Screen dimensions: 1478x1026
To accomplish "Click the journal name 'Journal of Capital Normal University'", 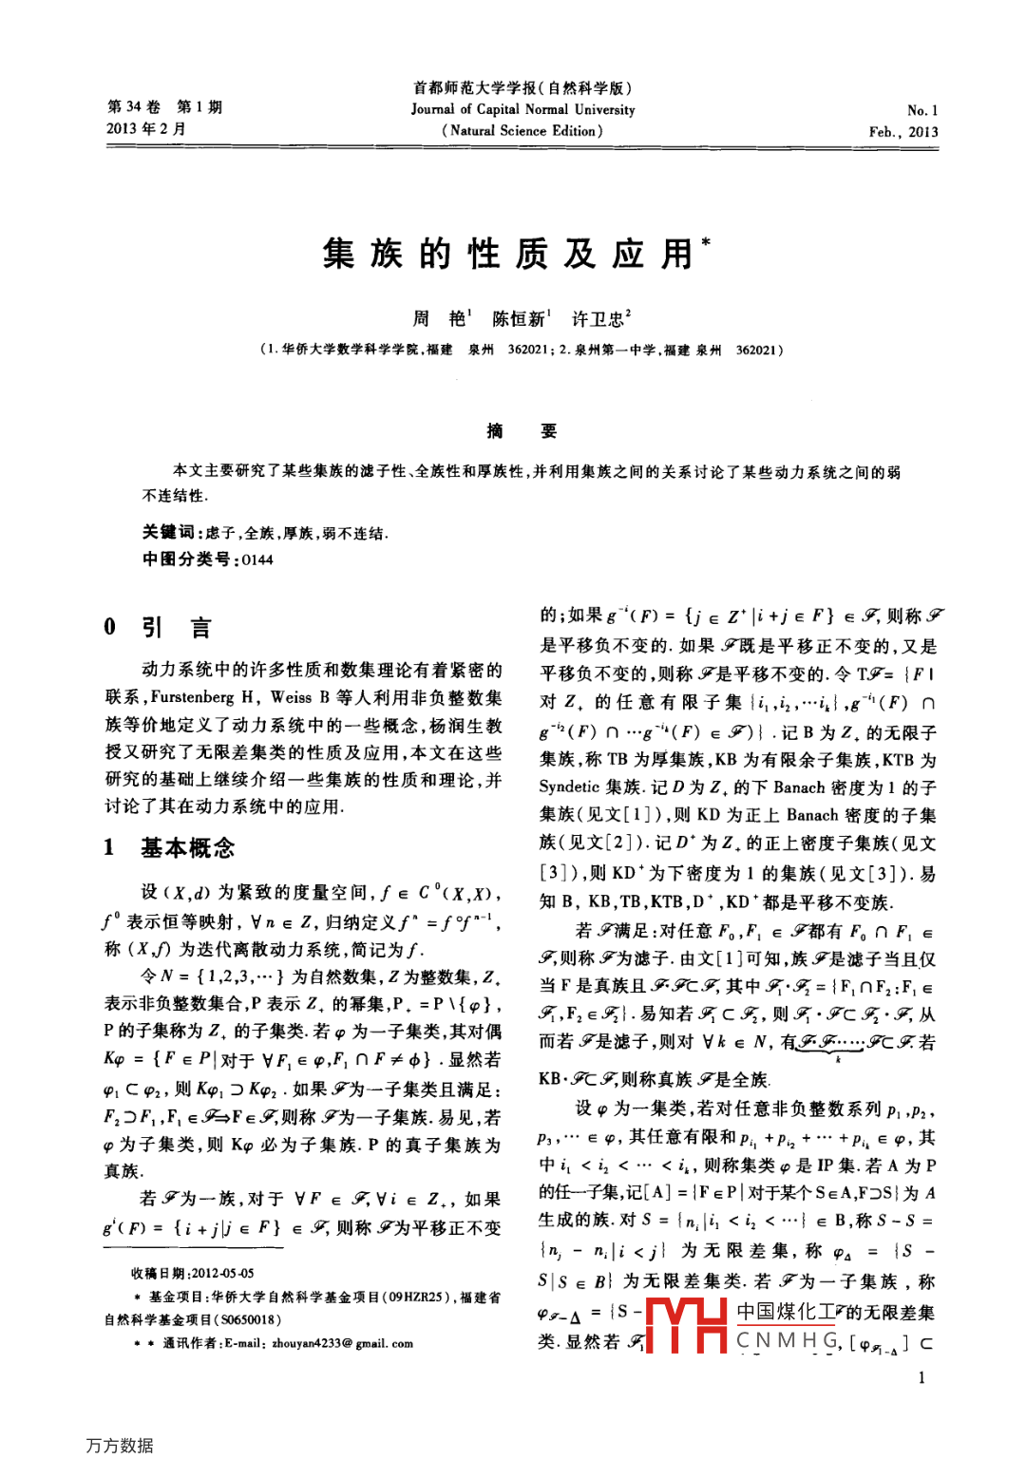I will pos(522,109).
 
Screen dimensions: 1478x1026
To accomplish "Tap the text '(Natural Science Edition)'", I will pos(522,131).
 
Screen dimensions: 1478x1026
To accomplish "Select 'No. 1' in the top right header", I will pos(921,110).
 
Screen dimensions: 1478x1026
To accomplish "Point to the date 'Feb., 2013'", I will pos(902,132).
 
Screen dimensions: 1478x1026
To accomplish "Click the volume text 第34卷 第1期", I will pos(164,106).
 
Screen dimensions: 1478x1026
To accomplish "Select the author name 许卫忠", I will pos(598,318).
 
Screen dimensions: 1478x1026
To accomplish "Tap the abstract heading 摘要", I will pos(522,431).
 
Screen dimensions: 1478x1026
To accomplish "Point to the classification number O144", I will pos(256,559).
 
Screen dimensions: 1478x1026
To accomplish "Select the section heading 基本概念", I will pos(187,847).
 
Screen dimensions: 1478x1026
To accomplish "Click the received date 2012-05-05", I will pos(222,1273).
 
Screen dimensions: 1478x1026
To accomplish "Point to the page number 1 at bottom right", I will pos(921,1377).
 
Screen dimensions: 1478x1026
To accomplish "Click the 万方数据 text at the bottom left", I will pos(119,1445).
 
